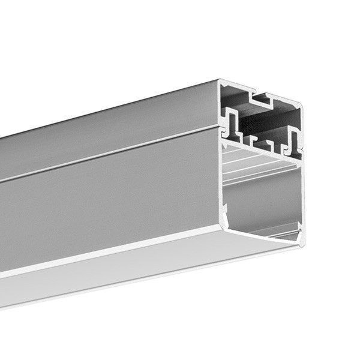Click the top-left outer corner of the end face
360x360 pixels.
click(x=219, y=80)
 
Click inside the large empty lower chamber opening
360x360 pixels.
click(x=261, y=198)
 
